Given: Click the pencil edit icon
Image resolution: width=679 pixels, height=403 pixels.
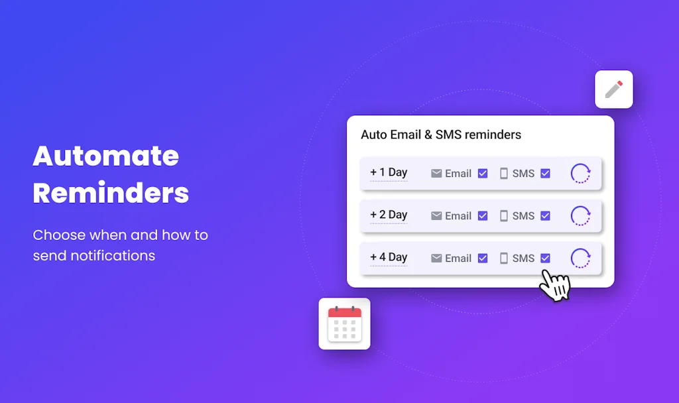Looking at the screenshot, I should click(x=614, y=89).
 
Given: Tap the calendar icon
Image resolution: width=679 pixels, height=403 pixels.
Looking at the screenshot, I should click(x=345, y=323).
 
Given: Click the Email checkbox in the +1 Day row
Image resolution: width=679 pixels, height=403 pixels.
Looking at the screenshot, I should click(x=483, y=174).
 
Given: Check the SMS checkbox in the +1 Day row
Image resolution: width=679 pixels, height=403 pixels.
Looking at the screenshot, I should click(x=545, y=174).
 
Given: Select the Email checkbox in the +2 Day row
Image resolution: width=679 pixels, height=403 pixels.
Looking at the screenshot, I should click(x=483, y=216).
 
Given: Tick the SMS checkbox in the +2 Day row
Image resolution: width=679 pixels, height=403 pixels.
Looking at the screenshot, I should click(x=545, y=216).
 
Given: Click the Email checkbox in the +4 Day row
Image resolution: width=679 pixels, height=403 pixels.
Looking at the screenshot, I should click(x=483, y=259).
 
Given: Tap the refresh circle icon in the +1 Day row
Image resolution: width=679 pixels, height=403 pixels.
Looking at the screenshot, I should click(x=580, y=174).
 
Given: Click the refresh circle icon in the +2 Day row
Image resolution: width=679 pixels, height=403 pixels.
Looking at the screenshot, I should click(x=580, y=216).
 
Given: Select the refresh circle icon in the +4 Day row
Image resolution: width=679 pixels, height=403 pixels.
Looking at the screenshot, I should click(x=580, y=259).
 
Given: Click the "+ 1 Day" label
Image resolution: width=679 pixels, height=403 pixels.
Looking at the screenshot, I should click(x=389, y=172).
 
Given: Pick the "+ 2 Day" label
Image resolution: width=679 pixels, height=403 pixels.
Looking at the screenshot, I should click(x=389, y=215).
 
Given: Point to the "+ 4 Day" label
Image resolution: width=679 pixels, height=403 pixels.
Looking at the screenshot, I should click(x=389, y=257).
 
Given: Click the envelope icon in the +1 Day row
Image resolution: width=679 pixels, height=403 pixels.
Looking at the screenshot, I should click(x=436, y=174).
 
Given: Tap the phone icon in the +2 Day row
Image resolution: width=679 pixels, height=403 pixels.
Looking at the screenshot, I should click(x=504, y=216).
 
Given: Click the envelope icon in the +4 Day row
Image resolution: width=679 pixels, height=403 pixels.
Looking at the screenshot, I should click(x=436, y=259).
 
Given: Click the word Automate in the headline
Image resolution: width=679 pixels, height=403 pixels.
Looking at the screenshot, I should click(x=106, y=156).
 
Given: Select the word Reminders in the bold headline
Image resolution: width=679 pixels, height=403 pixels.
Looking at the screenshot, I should click(x=111, y=194).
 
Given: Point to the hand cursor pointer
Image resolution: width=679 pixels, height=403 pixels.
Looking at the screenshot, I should click(x=554, y=285).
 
